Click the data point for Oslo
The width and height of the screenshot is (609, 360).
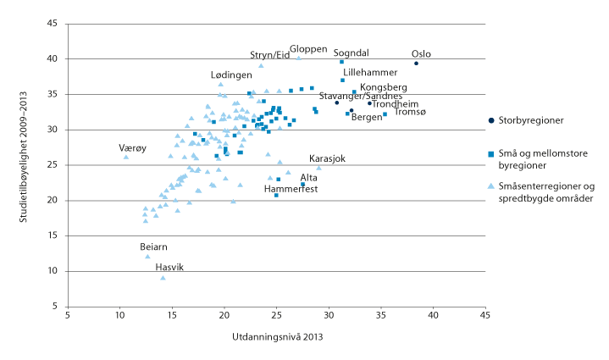point(416,64)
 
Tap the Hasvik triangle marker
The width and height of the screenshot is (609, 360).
point(163,278)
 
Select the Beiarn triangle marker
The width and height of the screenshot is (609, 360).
point(147,257)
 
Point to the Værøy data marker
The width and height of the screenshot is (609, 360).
point(126,157)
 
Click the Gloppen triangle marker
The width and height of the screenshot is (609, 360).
point(298,58)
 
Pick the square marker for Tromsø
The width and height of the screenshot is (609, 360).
point(385,114)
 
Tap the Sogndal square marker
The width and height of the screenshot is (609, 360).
point(341,62)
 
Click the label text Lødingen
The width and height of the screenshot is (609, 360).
point(231,75)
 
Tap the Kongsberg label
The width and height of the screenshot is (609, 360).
point(384,87)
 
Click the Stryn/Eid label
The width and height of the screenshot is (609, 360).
point(269,56)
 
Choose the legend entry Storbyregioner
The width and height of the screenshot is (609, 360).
point(532,121)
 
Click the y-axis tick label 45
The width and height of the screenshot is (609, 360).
point(53,24)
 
